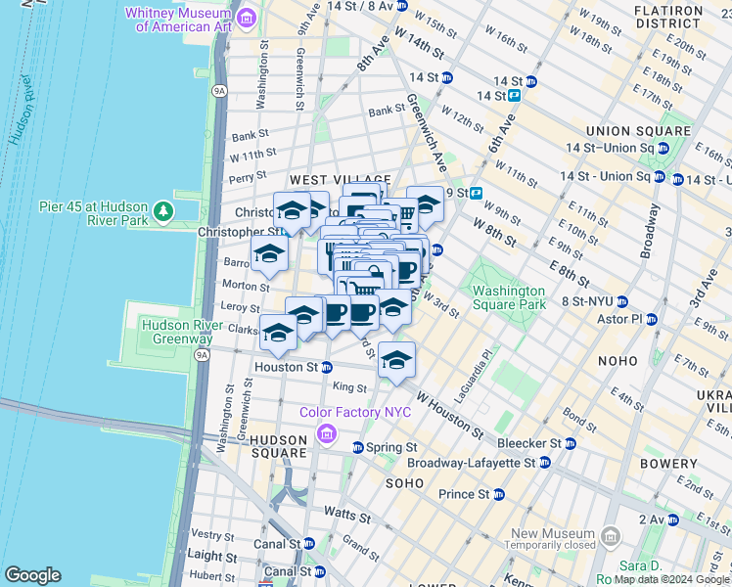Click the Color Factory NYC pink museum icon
(x=326, y=431)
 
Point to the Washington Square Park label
(x=508, y=297)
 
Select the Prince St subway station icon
(x=499, y=494)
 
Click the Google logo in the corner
(x=33, y=575)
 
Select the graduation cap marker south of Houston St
(x=396, y=361)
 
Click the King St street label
(x=349, y=387)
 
